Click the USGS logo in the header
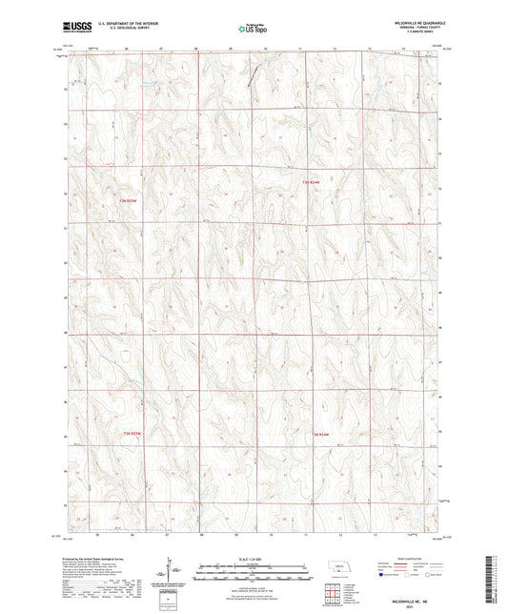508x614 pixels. coord(73,30)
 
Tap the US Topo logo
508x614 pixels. coord(253,30)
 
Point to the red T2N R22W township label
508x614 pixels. coord(326,435)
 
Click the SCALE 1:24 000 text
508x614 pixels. coord(253,558)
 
